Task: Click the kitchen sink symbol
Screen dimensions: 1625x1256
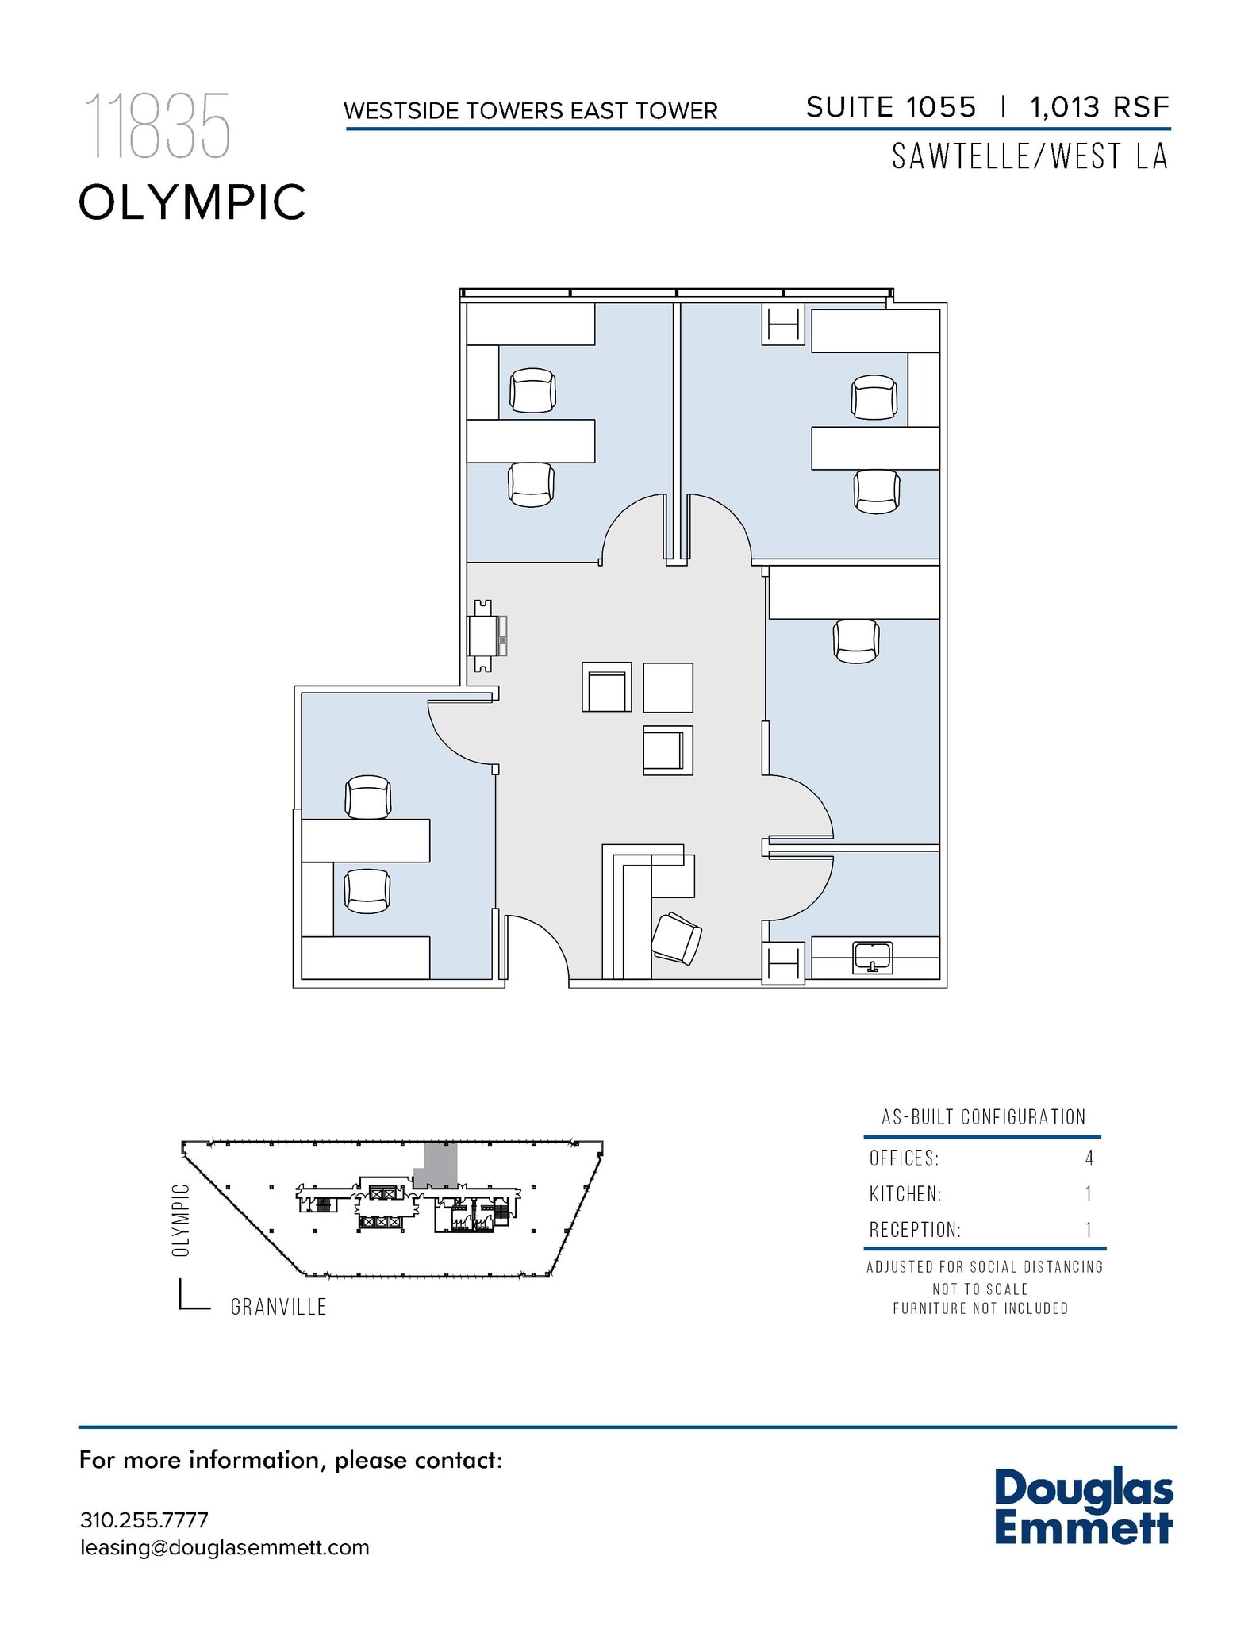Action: tap(872, 957)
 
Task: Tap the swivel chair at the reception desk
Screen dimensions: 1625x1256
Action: tap(676, 939)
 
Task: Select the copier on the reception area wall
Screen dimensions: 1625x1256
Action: tap(487, 636)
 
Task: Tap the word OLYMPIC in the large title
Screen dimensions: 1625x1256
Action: tap(192, 202)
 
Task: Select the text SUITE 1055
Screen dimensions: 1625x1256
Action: tap(890, 108)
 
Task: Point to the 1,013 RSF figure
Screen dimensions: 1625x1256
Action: tap(1099, 108)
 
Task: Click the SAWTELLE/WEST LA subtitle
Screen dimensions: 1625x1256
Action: tap(1029, 157)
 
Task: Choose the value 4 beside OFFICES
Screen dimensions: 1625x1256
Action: tap(1089, 1158)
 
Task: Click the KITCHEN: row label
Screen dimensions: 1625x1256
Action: tap(905, 1194)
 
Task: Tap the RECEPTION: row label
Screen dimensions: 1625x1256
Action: tap(914, 1230)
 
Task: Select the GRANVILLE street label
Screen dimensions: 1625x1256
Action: tap(278, 1307)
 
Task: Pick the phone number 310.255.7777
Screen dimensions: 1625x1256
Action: tap(144, 1520)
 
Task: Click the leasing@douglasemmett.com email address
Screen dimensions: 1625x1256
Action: tap(225, 1548)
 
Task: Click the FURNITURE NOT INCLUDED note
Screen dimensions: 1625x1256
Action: tap(980, 1308)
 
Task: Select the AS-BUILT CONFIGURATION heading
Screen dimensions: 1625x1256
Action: tap(983, 1117)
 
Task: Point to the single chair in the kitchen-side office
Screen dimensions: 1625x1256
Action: tap(856, 641)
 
